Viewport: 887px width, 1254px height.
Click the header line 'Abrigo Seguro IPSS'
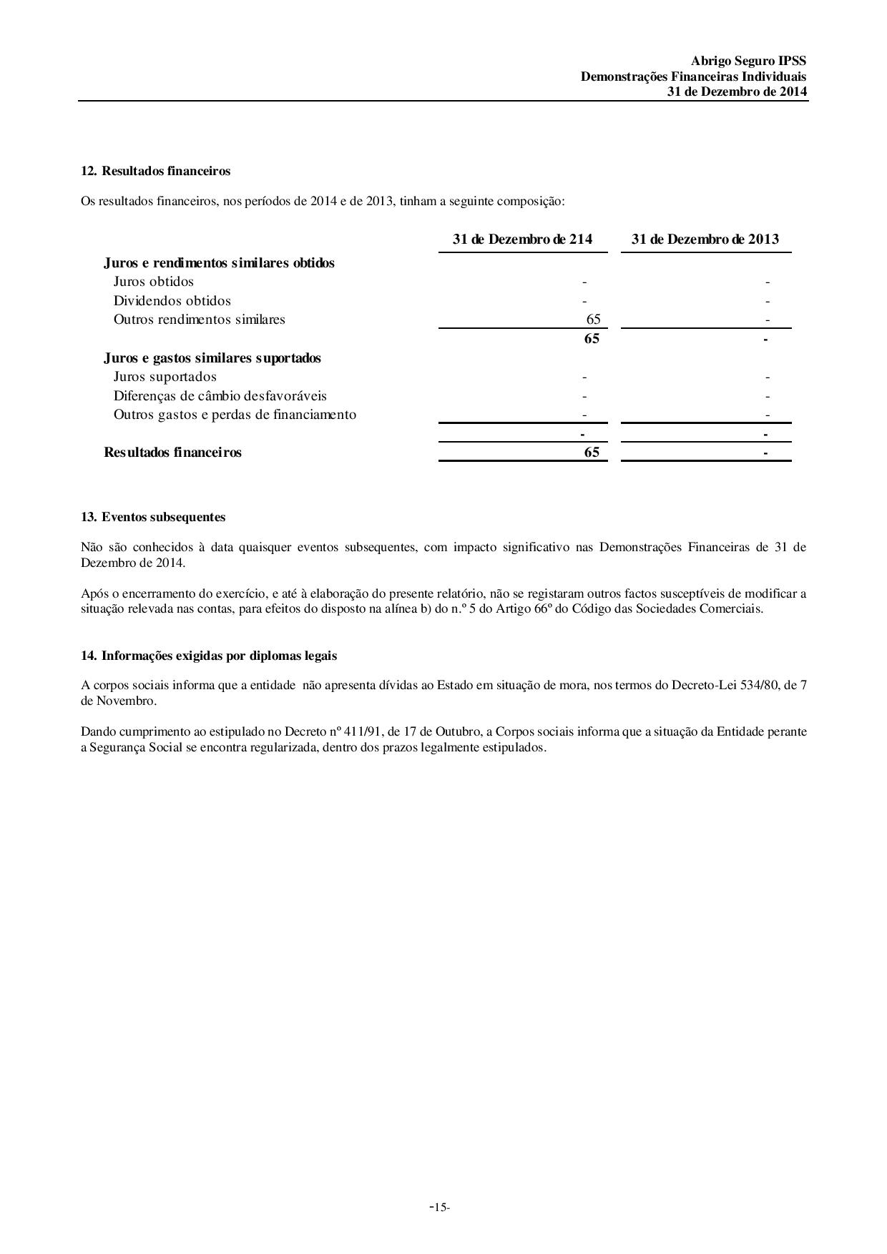coord(748,61)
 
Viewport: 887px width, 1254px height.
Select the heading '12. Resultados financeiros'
coord(155,171)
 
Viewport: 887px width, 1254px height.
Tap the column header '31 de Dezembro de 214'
coord(522,239)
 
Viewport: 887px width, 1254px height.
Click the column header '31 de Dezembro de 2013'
coord(705,239)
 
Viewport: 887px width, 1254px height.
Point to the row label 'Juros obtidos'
coord(153,282)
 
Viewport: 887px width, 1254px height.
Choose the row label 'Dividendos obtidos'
coord(172,301)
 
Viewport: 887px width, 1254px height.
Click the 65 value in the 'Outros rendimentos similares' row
coord(593,320)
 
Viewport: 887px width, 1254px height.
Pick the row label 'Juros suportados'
coord(165,377)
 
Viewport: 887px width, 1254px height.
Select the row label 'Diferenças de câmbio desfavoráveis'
coord(220,396)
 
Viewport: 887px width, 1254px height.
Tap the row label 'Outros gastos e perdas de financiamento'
coord(235,415)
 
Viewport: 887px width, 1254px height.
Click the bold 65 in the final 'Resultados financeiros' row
coord(592,453)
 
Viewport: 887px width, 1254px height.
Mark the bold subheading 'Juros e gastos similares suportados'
coord(212,358)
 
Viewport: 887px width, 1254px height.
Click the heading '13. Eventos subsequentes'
coord(153,517)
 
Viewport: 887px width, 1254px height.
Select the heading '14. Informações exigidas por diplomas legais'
coord(209,656)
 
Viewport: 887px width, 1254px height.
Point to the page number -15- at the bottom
coord(440,1208)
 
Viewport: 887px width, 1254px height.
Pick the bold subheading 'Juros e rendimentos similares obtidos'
coord(219,263)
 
